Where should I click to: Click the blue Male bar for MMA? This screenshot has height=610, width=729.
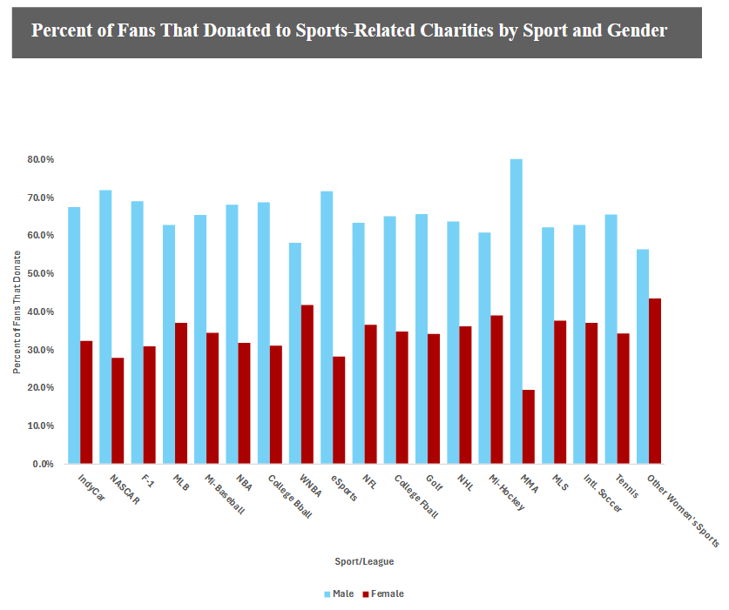tap(516, 311)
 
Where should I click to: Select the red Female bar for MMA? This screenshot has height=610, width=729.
tap(529, 426)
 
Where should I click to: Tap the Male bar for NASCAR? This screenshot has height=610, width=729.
tap(105, 326)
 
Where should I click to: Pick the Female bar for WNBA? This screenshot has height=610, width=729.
tap(307, 384)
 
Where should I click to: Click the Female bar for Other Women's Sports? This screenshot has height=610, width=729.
tap(655, 381)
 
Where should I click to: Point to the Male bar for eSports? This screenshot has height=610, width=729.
tap(327, 327)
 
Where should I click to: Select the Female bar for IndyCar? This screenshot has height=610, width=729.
tap(86, 402)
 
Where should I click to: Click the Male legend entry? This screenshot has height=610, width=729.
tap(339, 593)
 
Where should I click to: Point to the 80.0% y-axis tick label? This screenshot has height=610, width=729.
tap(41, 160)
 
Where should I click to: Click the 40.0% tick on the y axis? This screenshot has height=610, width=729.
tap(41, 312)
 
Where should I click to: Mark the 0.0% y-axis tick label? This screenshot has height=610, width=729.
tap(44, 464)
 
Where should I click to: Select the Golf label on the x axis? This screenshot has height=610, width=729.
tap(433, 485)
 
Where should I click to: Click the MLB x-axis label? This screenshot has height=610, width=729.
tap(181, 485)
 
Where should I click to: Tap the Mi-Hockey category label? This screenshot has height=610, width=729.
tap(507, 493)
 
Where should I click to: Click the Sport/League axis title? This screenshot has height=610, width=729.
tap(364, 561)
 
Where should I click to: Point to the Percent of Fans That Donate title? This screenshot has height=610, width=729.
tap(17, 312)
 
